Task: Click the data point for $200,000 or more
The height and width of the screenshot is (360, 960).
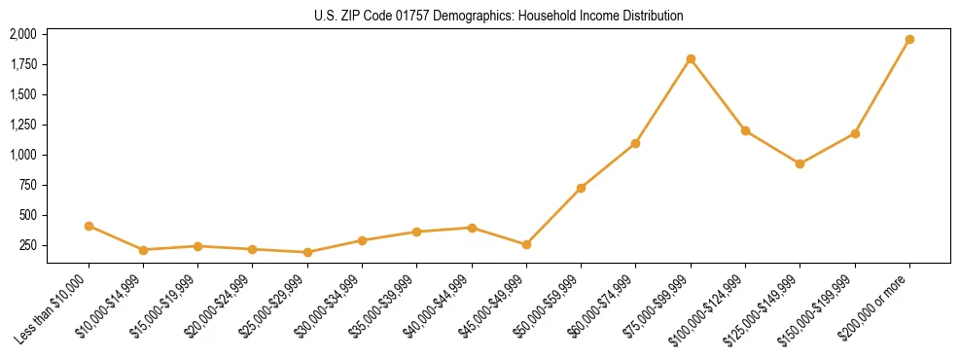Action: [x=909, y=40]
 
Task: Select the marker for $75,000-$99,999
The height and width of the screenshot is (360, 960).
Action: [x=691, y=59]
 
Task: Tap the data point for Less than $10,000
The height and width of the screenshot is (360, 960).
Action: [x=89, y=226]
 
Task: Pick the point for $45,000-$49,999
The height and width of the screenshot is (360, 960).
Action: [x=526, y=244]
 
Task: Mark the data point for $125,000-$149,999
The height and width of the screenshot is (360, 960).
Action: [x=800, y=163]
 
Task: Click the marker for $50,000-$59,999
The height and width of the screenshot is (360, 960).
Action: [x=581, y=188]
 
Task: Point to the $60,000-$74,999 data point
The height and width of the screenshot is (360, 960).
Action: [x=635, y=143]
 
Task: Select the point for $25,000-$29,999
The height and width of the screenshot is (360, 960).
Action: [x=307, y=252]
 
